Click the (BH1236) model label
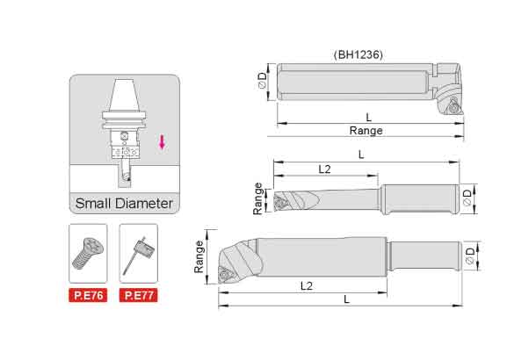pos(359,54)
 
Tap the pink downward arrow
pos(162,142)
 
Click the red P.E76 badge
pos(88,295)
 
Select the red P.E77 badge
pos(139,295)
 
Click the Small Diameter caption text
pos(124,203)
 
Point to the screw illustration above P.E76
pos(88,253)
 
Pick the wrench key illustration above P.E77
pos(139,256)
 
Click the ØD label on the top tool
pos(262,81)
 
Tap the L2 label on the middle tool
pos(324,169)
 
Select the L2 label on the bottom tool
pos(307,286)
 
